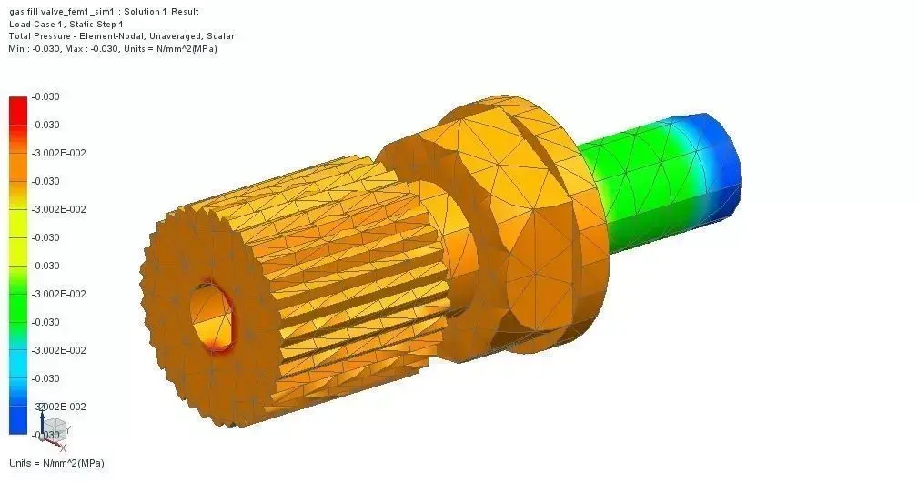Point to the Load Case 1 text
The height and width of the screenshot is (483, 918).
click(x=34, y=24)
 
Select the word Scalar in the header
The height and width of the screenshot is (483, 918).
click(x=219, y=36)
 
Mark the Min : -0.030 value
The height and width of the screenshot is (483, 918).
click(x=34, y=48)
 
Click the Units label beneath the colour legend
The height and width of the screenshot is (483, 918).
click(x=56, y=463)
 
